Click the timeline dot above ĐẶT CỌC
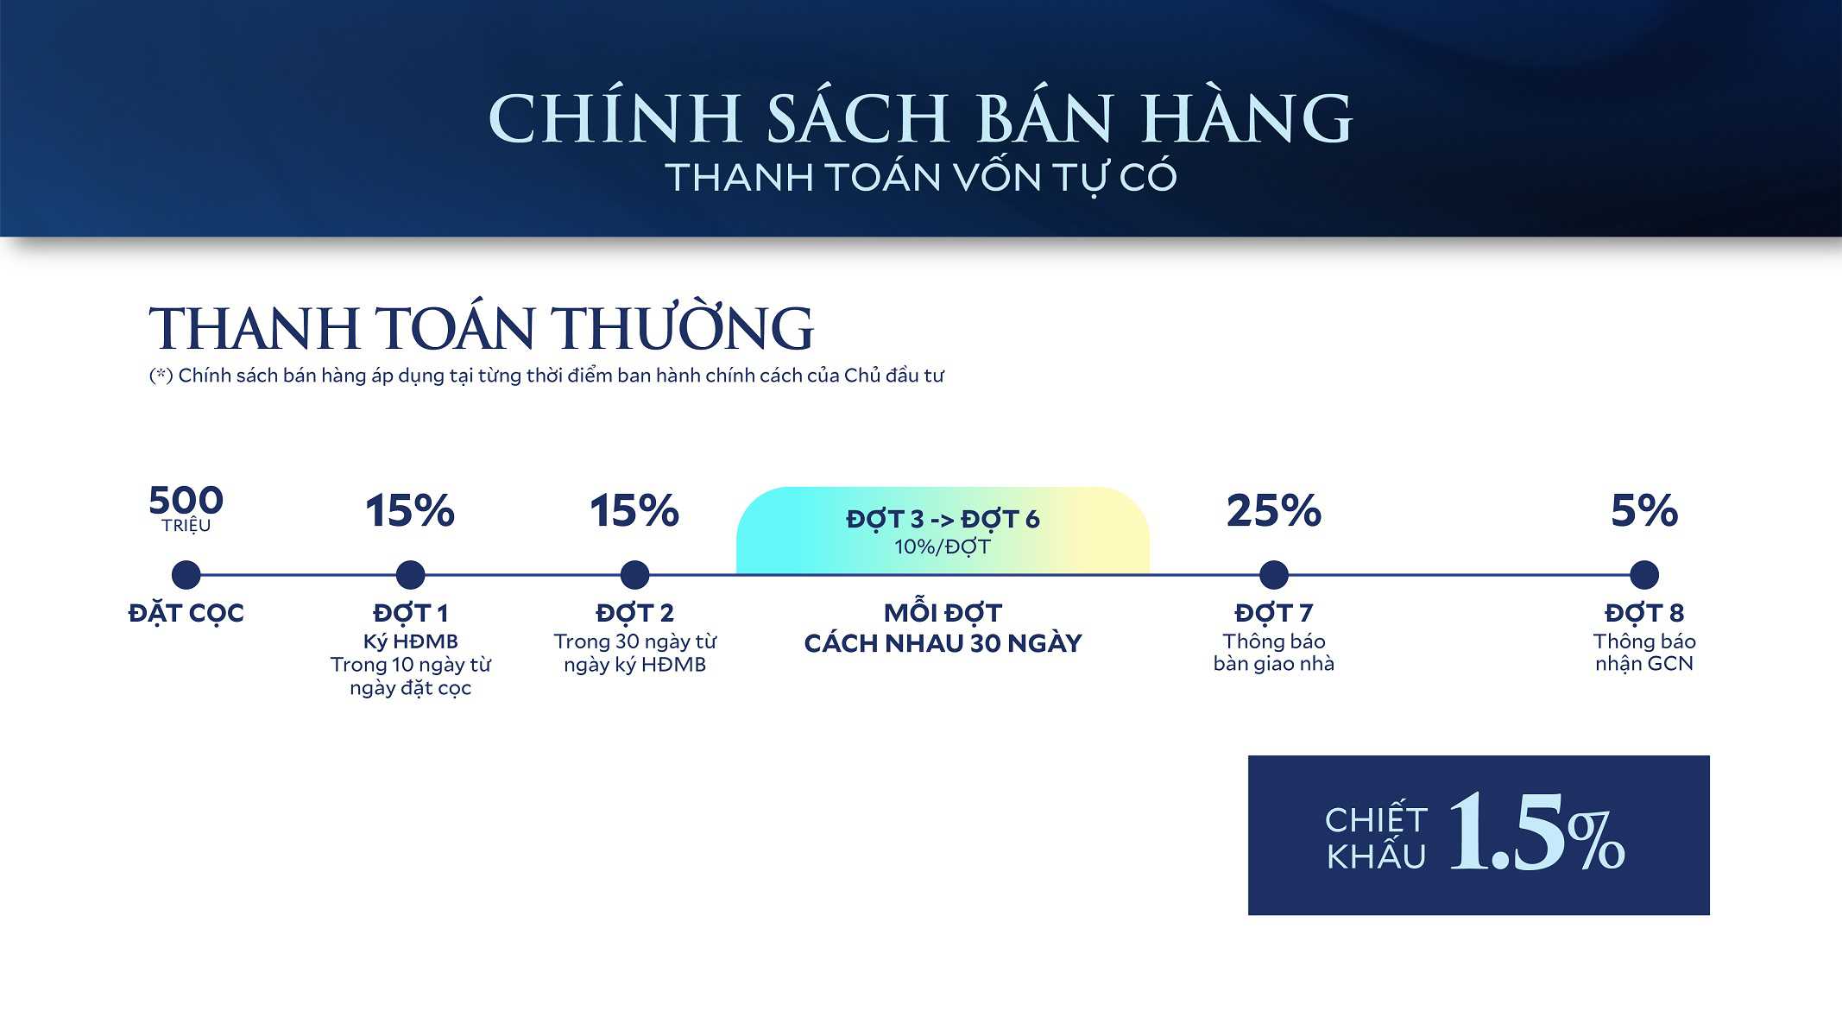click(186, 574)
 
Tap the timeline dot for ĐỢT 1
click(410, 574)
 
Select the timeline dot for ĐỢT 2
click(634, 574)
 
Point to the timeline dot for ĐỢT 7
click(1273, 574)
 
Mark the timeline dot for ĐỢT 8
click(1644, 574)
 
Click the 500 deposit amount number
click(186, 501)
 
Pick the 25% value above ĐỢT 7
click(1273, 510)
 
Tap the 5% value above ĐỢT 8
click(1644, 510)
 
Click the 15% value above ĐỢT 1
click(410, 510)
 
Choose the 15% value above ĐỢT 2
click(634, 510)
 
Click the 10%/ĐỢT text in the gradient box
click(943, 547)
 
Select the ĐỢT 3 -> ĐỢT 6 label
click(943, 519)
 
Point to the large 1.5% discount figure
click(1536, 832)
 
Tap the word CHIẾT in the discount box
click(1376, 818)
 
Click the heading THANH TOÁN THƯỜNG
click(481, 329)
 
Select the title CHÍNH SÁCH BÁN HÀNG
click(920, 118)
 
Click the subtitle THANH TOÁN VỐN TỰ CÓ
click(920, 178)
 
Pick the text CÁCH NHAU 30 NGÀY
click(943, 643)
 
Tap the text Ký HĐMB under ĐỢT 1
click(410, 641)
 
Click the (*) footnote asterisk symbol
click(161, 376)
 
